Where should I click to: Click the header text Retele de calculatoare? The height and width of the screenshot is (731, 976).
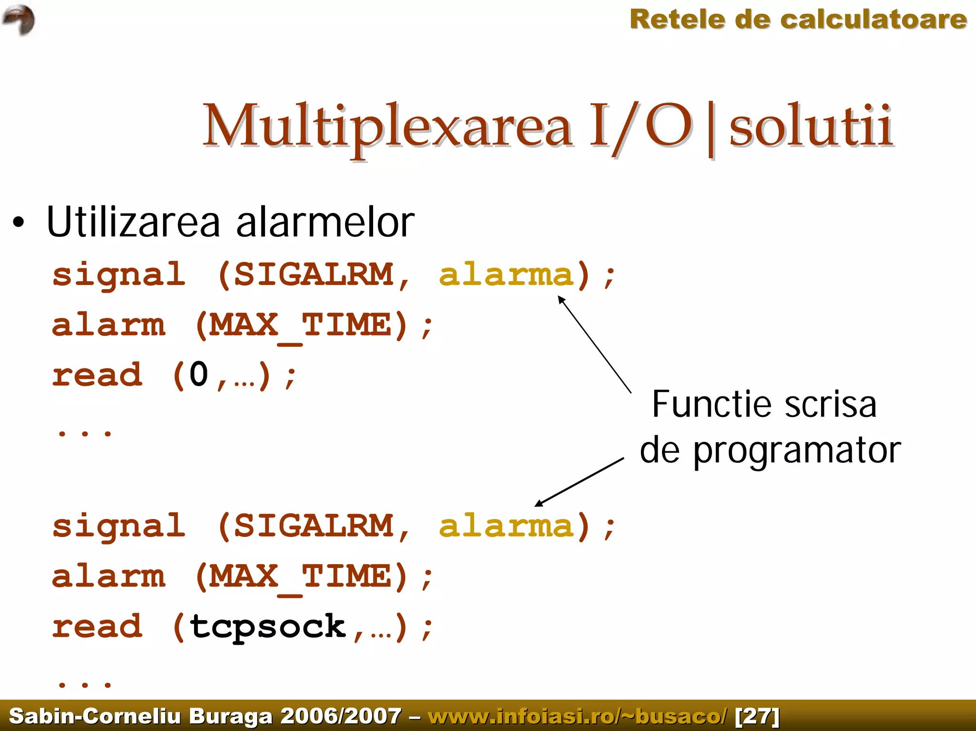tap(798, 20)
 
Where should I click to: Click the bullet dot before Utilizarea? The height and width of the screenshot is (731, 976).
tap(18, 223)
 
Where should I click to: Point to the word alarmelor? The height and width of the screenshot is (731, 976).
tap(325, 223)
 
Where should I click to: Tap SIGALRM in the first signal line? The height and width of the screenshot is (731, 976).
tap(313, 275)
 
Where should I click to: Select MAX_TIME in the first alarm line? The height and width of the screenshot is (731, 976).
tap(301, 325)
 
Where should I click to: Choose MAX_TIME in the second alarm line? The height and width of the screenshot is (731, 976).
tap(301, 577)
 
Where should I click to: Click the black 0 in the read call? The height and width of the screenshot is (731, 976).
tap(199, 375)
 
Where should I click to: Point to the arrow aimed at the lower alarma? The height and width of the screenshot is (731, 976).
tap(579, 482)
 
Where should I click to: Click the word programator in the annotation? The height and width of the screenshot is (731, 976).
tap(796, 451)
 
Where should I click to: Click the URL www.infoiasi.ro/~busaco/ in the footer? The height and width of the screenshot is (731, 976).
tap(577, 716)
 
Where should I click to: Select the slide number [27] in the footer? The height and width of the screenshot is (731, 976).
tap(757, 716)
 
